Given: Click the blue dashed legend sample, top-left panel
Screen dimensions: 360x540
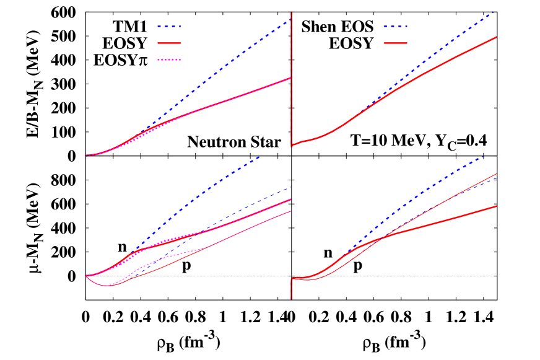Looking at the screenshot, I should [169, 27].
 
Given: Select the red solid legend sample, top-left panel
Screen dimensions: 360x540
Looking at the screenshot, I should [169, 43].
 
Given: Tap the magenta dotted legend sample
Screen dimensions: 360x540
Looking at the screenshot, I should [169, 60].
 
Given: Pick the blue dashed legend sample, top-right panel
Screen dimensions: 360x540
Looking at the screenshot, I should [395, 27].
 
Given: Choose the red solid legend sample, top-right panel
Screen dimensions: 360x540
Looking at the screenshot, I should [395, 43].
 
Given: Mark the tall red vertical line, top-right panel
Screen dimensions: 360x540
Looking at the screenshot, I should [292, 74].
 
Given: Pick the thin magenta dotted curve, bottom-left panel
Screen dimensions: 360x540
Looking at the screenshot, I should [167, 255].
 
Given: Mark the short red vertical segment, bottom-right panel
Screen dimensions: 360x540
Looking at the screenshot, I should [292, 289].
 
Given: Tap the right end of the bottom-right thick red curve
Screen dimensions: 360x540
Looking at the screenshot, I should [496, 206].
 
